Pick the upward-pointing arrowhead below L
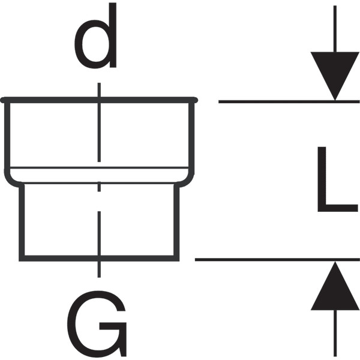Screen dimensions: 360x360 335,289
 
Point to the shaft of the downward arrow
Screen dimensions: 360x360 335,29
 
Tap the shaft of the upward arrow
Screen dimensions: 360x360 335,333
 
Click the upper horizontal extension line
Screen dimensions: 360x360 289,101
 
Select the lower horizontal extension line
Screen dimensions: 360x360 277,260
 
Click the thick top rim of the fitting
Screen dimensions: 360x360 99,100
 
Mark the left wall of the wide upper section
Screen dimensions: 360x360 7,136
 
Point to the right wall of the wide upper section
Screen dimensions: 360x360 191,138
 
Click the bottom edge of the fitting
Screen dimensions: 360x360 99,258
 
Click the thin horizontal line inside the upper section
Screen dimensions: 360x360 99,168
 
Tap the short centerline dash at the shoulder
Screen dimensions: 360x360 99,187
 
